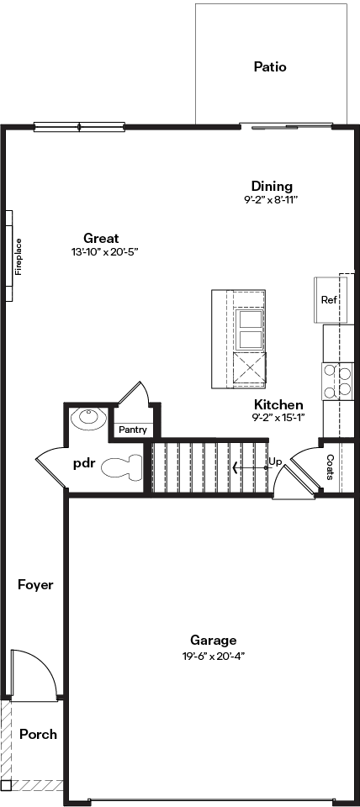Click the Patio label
[270, 67]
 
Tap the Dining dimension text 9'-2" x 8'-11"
[272, 199]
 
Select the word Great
[101, 238]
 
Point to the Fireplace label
[19, 256]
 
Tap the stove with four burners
[338, 382]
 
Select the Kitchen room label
[278, 404]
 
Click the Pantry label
[133, 430]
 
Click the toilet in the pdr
[122, 467]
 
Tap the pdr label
[84, 463]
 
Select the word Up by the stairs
[275, 462]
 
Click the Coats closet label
[330, 467]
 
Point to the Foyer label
[35, 585]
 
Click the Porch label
[38, 735]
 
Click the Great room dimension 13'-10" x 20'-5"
[106, 252]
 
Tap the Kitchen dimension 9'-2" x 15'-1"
[278, 418]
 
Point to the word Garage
[213, 641]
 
